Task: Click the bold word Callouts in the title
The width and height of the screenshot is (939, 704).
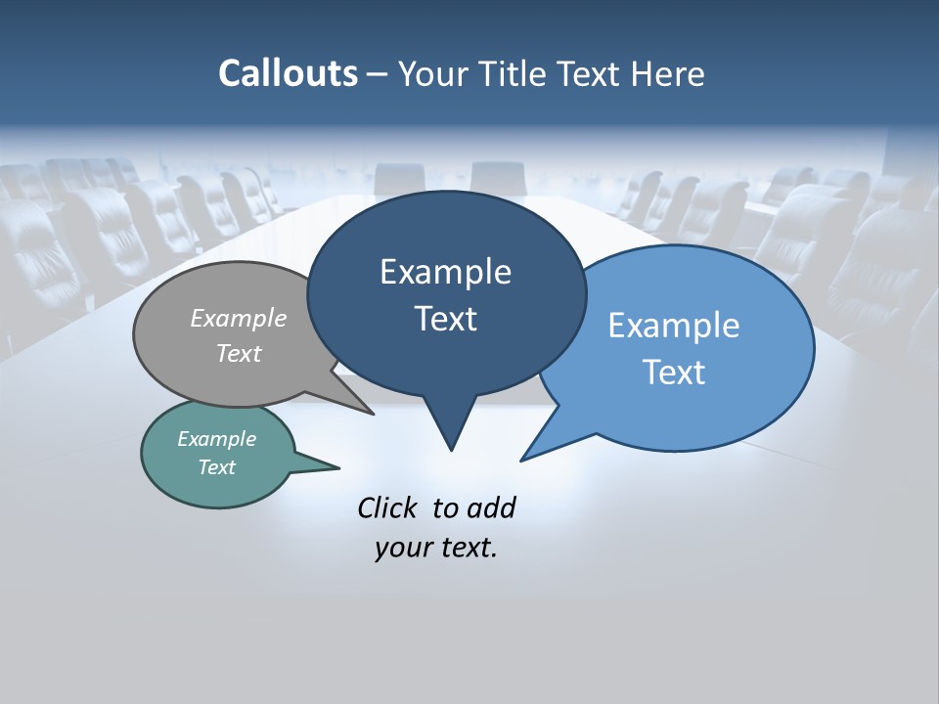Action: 288,73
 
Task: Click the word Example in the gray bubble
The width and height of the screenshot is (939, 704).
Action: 239,318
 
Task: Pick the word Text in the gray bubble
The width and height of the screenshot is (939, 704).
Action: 239,353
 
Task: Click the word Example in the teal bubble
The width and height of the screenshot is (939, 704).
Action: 216,439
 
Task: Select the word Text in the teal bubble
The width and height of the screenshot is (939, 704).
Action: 216,467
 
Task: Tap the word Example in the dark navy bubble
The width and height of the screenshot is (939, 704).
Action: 445,272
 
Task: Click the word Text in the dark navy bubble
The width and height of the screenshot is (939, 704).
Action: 445,319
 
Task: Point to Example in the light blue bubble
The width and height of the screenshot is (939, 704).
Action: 674,326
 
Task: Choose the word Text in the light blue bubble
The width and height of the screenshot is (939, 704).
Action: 674,373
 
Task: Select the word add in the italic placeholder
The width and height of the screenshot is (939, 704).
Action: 491,507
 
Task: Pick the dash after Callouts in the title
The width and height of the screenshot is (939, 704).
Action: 378,74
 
